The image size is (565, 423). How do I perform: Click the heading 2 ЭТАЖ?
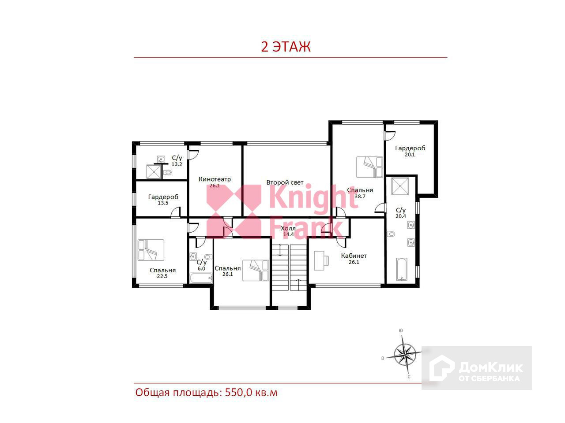[286, 47]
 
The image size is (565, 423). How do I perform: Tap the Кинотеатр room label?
[215, 179]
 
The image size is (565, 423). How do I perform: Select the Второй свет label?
[285, 182]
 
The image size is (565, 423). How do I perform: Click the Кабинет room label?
[354, 256]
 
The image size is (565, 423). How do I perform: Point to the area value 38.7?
[360, 197]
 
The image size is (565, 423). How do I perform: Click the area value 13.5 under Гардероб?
[163, 203]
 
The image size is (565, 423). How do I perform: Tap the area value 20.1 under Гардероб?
[410, 155]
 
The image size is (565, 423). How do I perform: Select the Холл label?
[288, 228]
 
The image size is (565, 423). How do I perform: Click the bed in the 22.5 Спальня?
[151, 250]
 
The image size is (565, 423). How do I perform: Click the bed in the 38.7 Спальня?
[369, 167]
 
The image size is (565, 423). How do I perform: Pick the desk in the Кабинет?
[322, 261]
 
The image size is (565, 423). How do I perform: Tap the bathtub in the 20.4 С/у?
[402, 269]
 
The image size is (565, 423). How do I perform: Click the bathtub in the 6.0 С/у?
[201, 278]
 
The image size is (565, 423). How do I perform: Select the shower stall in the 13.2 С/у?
[154, 171]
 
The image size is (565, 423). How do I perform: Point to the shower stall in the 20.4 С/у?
[400, 186]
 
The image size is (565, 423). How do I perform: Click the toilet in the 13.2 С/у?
[167, 172]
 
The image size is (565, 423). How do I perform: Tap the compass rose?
[405, 355]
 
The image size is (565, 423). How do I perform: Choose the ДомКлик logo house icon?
[441, 368]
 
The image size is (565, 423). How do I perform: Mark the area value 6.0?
[201, 269]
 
